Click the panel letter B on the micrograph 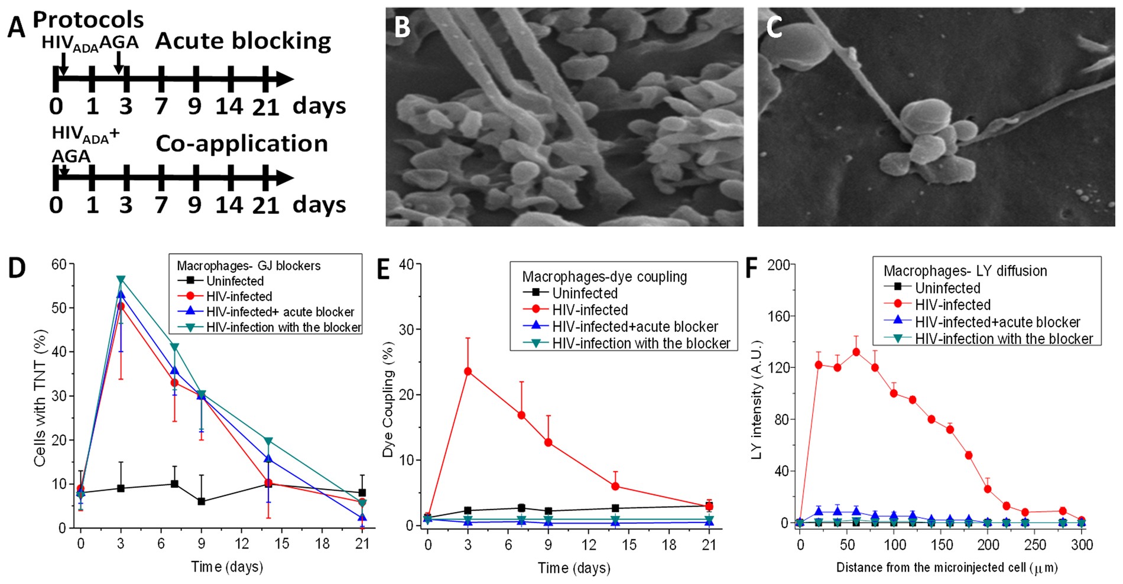[403, 27]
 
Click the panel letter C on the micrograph [774, 27]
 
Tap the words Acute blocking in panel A [243, 41]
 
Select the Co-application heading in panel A [242, 143]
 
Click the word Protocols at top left [88, 19]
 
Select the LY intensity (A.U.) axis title [757, 400]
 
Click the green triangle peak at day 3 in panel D [121, 279]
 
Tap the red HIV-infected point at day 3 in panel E [468, 371]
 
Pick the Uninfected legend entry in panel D [235, 281]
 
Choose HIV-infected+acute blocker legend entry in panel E [635, 327]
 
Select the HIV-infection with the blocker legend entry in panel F [1004, 339]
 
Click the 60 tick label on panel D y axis [59, 264]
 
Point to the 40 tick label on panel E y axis [406, 265]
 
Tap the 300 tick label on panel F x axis [1082, 544]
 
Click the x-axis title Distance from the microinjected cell [946, 567]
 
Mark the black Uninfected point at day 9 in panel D [202, 501]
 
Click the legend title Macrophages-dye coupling [604, 276]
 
